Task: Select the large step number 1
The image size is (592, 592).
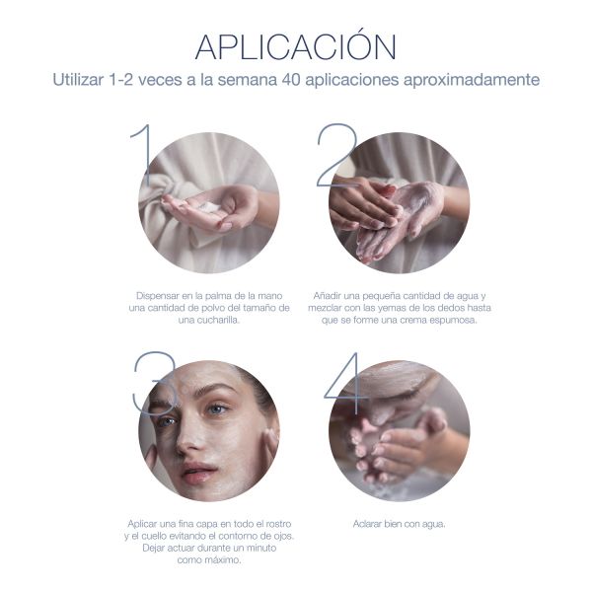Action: click(x=143, y=154)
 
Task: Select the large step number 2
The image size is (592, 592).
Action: click(x=337, y=155)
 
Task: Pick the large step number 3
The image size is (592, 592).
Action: click(x=155, y=385)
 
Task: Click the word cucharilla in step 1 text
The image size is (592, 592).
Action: click(x=220, y=320)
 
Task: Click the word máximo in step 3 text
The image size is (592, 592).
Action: click(x=225, y=559)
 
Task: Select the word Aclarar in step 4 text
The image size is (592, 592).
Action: click(x=367, y=524)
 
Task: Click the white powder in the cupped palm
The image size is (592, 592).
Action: click(x=208, y=207)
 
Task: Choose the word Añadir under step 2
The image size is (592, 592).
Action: click(x=326, y=296)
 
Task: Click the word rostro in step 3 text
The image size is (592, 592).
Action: click(x=278, y=524)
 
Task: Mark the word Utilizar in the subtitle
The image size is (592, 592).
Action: click(x=78, y=80)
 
